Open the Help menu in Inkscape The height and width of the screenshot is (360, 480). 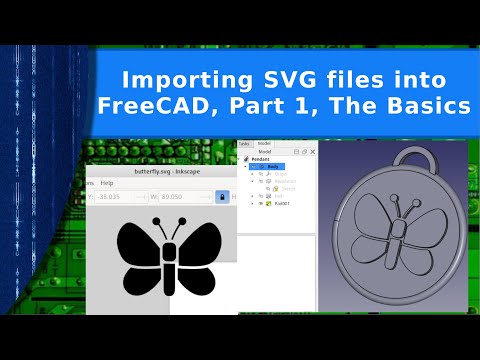[107, 184]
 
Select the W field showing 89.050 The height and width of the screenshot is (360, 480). [188, 197]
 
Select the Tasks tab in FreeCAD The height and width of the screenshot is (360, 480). [243, 143]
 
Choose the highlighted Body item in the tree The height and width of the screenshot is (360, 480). [275, 166]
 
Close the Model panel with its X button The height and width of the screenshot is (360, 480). [312, 151]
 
